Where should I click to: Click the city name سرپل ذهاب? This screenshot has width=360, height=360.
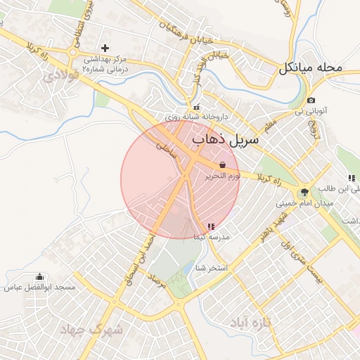click(225, 140)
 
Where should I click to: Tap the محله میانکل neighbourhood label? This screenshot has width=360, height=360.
click(310, 68)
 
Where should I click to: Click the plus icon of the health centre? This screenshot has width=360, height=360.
click(105, 48)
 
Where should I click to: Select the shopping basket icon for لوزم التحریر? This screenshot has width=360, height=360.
click(223, 164)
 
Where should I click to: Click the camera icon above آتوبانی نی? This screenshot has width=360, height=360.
click(311, 101)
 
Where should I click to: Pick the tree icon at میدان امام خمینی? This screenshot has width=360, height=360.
click(304, 192)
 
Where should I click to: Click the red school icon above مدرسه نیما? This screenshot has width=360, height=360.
click(210, 226)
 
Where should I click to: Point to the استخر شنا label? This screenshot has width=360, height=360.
click(211, 268)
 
